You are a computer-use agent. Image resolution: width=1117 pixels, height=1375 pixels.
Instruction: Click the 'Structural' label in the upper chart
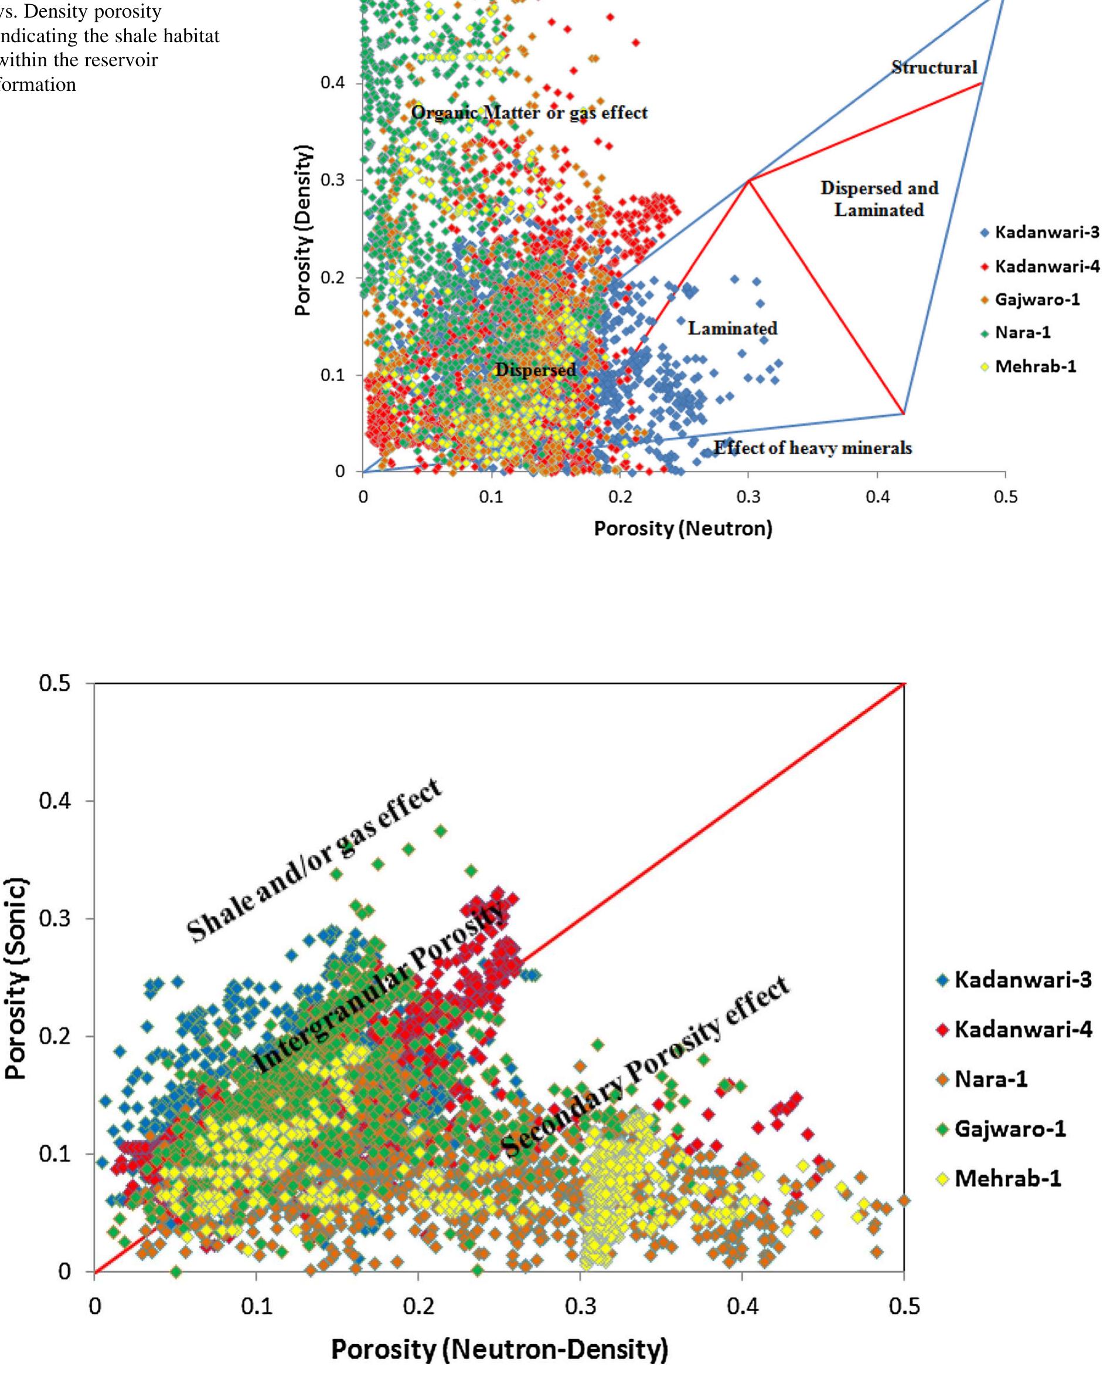tap(934, 67)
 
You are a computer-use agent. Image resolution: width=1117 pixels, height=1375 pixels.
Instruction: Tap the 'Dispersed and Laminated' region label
tap(879, 199)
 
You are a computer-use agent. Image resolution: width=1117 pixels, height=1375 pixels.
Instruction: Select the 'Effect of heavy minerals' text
tap(813, 448)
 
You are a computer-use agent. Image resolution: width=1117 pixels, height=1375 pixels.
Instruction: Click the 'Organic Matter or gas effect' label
tap(529, 113)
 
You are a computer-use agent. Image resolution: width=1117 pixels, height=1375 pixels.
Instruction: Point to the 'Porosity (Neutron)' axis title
tap(683, 529)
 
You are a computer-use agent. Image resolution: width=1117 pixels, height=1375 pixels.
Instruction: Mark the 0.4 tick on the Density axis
tap(333, 83)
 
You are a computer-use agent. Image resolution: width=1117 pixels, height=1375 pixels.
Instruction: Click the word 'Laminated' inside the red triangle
tap(732, 329)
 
